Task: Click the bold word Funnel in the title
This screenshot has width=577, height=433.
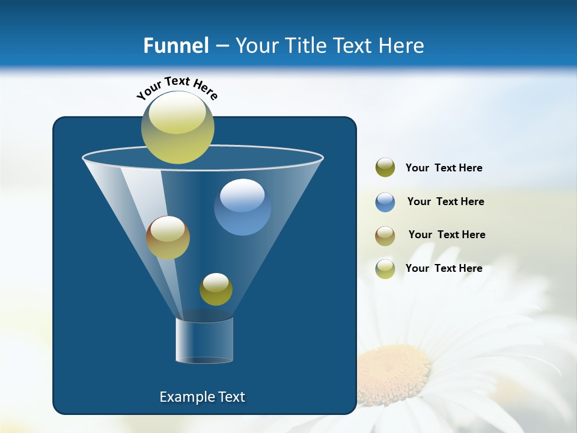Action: tap(176, 46)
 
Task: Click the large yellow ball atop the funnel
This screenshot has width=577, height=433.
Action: tap(178, 127)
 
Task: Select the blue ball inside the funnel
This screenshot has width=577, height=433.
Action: tap(242, 207)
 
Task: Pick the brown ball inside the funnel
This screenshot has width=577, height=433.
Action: tap(168, 238)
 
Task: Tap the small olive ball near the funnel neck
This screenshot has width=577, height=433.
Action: tap(216, 289)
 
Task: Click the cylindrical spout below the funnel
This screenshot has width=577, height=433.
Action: tap(204, 340)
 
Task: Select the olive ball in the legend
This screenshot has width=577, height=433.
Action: tap(385, 168)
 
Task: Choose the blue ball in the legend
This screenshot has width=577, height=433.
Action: tap(385, 202)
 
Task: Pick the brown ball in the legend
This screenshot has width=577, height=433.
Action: tap(385, 236)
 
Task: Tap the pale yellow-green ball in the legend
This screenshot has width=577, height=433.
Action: tap(385, 269)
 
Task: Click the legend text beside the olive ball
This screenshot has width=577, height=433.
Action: tap(444, 168)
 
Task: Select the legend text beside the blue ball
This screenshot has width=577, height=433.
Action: tap(445, 202)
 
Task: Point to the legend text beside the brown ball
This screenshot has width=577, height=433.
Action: tap(447, 235)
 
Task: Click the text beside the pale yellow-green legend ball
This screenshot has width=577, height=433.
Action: tap(444, 269)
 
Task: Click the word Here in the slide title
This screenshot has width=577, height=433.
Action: tap(402, 46)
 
